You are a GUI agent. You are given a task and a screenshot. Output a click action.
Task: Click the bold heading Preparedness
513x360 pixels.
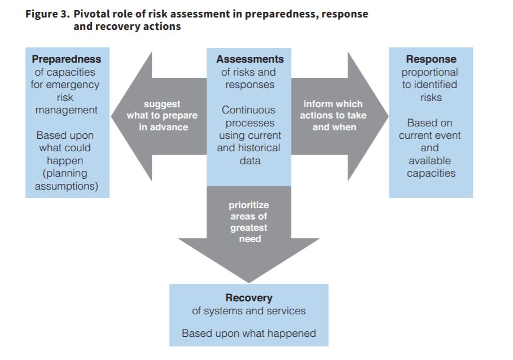(x=67, y=59)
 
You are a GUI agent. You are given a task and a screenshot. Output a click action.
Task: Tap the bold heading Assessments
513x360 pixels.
(x=250, y=59)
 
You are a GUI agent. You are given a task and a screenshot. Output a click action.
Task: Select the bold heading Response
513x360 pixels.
(x=431, y=59)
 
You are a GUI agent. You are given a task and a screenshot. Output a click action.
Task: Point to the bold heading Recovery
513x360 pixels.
(x=249, y=298)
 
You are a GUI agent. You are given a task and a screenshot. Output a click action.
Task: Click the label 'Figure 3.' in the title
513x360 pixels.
(x=47, y=14)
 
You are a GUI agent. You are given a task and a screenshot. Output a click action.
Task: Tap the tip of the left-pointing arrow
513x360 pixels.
(x=111, y=116)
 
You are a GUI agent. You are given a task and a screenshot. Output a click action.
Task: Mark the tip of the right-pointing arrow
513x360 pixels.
(x=388, y=116)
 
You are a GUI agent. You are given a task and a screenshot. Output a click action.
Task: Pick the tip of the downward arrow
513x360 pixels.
(x=249, y=283)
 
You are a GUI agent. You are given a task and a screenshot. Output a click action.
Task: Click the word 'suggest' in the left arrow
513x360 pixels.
(x=162, y=104)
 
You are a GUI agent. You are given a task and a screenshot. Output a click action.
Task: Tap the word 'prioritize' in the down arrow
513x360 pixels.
(x=249, y=205)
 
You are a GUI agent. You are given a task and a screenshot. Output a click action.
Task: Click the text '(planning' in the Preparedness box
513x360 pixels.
(x=65, y=173)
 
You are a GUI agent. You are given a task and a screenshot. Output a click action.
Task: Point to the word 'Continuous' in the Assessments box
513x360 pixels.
(x=249, y=110)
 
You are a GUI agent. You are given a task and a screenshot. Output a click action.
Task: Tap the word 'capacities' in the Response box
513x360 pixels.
(x=431, y=173)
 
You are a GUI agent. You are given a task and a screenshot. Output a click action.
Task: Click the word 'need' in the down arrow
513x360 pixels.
(x=250, y=239)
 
